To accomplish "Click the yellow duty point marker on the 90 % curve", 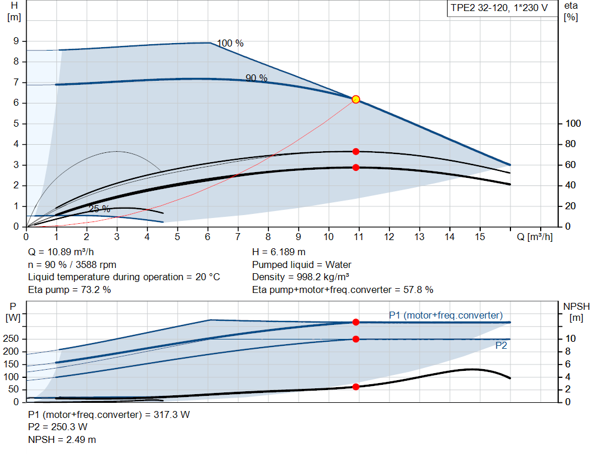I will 356,99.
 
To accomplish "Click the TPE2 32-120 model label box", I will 499,9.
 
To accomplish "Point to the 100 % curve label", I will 230,44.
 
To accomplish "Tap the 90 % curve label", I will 256,78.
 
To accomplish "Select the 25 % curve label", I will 99,209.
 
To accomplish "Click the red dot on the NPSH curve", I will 356,387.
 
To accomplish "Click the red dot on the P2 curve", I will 356,339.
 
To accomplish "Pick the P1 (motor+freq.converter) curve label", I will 445,315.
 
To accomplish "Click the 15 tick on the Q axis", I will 480,237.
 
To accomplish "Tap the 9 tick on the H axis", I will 16,41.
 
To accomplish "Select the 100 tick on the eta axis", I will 573,124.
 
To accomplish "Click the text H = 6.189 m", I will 279,252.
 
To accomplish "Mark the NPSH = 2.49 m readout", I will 62,439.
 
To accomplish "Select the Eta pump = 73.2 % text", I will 69,289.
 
